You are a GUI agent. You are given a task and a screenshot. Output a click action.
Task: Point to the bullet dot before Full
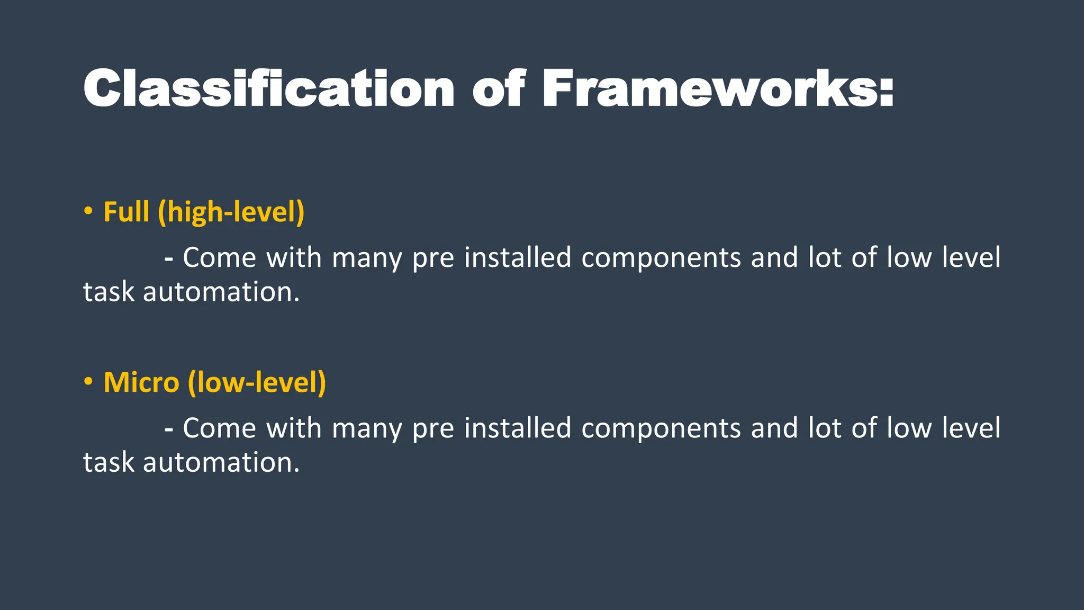click(x=88, y=211)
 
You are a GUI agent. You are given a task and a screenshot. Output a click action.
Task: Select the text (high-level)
click(x=231, y=212)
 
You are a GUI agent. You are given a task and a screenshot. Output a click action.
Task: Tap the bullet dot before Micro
click(x=88, y=382)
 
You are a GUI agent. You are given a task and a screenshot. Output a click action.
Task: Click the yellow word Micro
click(x=141, y=382)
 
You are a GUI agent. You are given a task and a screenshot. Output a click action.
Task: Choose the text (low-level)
click(x=257, y=382)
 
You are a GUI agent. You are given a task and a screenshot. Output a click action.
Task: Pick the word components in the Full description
click(x=661, y=258)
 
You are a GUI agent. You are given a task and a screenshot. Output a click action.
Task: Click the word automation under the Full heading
click(x=221, y=292)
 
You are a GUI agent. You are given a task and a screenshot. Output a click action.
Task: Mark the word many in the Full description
click(x=367, y=258)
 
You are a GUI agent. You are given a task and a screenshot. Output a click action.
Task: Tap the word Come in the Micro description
click(x=219, y=428)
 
